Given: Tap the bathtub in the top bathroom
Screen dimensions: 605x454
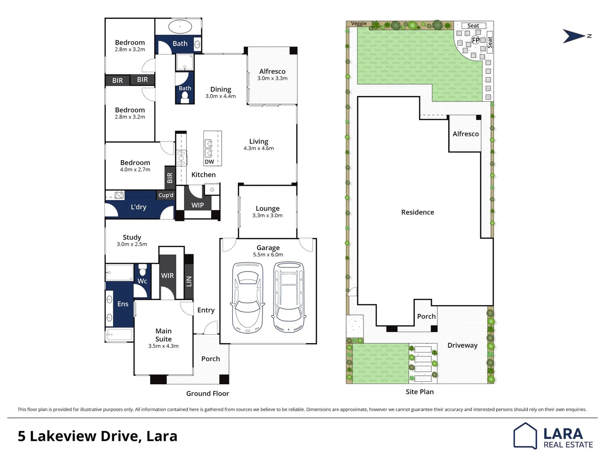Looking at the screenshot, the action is [180, 27].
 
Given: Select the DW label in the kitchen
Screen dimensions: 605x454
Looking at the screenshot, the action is [209, 162].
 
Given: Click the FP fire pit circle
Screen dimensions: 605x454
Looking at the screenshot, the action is [476, 40].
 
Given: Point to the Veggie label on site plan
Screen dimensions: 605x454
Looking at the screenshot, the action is [359, 24].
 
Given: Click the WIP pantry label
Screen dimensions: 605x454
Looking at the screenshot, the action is [197, 205].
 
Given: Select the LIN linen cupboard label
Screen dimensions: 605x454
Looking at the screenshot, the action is [189, 282].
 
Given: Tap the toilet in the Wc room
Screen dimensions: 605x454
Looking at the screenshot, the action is [142, 270].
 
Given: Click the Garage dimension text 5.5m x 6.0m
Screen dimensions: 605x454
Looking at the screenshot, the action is [268, 255].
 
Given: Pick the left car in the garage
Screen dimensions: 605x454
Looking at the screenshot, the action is [247, 297].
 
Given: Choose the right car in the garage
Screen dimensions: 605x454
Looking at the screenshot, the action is [289, 297].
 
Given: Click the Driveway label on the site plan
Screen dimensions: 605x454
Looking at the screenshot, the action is [462, 346].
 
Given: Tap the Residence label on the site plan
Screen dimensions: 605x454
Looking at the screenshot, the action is [418, 212].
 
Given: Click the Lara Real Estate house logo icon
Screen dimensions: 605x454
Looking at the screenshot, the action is [525, 436].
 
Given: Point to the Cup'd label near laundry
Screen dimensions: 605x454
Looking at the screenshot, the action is [166, 195].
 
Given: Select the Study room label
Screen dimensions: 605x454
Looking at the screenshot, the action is [132, 238].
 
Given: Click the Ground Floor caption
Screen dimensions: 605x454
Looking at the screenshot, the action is [208, 393].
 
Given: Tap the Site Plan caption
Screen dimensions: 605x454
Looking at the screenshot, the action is [419, 392].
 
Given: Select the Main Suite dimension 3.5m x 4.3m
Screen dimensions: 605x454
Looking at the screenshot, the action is [163, 346].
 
